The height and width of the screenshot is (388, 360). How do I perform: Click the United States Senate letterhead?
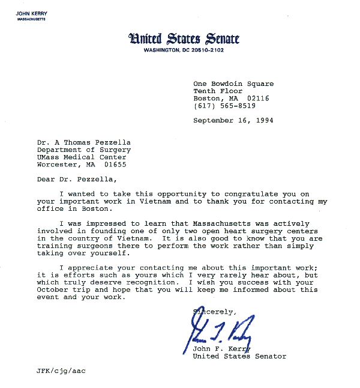point(184,39)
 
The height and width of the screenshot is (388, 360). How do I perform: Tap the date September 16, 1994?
point(230,121)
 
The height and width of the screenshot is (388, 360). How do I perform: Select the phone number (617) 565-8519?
point(224,106)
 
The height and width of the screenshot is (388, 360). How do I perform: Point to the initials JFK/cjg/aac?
point(61,371)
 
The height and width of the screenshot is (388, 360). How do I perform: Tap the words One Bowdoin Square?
point(233,84)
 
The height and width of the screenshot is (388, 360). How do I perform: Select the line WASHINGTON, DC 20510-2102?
point(184,50)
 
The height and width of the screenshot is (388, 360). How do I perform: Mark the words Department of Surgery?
point(83,150)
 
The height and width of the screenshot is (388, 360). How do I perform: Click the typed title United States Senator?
point(239,356)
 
